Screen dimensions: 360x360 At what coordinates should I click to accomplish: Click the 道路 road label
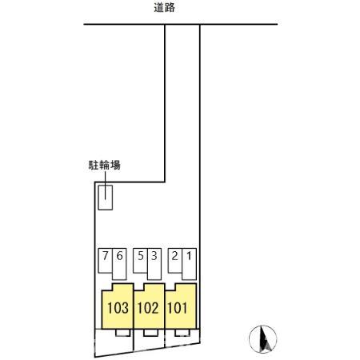[x=164, y=8]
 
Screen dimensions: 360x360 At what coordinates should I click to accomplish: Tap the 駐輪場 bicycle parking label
[x=105, y=165]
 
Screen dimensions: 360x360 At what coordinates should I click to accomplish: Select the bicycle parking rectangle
[x=105, y=198]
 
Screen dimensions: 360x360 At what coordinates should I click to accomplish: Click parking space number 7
[x=105, y=261]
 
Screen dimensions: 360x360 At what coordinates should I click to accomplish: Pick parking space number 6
[x=119, y=264]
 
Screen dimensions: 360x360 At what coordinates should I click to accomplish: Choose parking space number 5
[x=140, y=261]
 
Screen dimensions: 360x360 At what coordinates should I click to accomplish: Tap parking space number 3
[x=154, y=264]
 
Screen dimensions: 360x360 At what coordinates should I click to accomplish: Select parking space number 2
[x=175, y=261]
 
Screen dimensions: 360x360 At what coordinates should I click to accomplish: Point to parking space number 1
[x=190, y=264]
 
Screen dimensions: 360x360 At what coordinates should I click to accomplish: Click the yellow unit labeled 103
[x=118, y=306]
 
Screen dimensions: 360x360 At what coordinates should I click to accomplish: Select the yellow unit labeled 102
[x=149, y=306]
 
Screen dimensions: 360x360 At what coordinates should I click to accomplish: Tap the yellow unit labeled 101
[x=181, y=306]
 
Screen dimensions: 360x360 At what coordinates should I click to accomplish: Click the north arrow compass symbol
[x=263, y=339]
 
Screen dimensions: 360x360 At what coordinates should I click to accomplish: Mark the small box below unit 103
[x=122, y=333]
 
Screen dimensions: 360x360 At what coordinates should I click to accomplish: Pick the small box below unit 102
[x=151, y=333]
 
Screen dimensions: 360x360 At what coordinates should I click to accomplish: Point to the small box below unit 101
[x=182, y=333]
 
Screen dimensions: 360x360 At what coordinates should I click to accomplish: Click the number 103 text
[x=118, y=308]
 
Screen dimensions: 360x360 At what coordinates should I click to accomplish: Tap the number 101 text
[x=178, y=308]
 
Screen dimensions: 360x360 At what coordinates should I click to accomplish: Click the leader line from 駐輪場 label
[x=106, y=186]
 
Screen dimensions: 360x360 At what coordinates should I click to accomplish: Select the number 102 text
[x=148, y=308]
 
